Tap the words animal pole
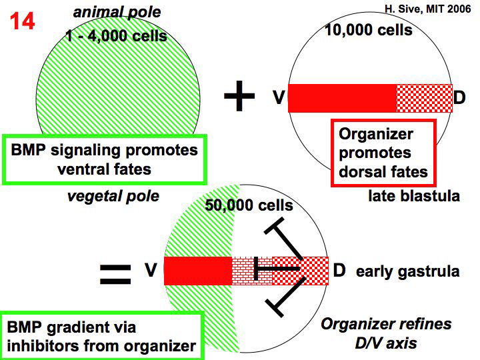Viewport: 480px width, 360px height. [x=117, y=12]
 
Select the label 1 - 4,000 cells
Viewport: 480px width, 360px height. [x=117, y=36]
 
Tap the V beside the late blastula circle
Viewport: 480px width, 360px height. [x=279, y=98]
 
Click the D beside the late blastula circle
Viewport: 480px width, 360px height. [x=459, y=98]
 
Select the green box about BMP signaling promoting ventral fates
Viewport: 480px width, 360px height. [x=104, y=159]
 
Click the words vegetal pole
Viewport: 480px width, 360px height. [x=113, y=196]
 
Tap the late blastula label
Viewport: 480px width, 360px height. [x=413, y=197]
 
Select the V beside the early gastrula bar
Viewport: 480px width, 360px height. [x=151, y=270]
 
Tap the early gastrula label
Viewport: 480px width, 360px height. [x=407, y=271]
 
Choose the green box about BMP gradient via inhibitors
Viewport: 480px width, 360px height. [x=101, y=336]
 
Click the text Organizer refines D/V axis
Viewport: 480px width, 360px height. [x=386, y=333]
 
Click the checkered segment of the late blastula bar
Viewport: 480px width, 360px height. [x=424, y=98]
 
